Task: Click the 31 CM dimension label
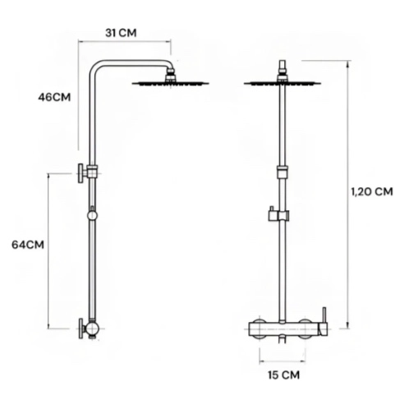tap(121, 33)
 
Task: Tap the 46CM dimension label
tap(54, 97)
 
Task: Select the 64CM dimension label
tap(28, 245)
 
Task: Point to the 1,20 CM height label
tap(372, 191)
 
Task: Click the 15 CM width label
tap(283, 375)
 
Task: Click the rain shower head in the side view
tap(170, 83)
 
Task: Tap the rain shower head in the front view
tap(283, 83)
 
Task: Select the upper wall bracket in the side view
tap(88, 173)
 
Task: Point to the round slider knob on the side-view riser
tap(92, 215)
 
